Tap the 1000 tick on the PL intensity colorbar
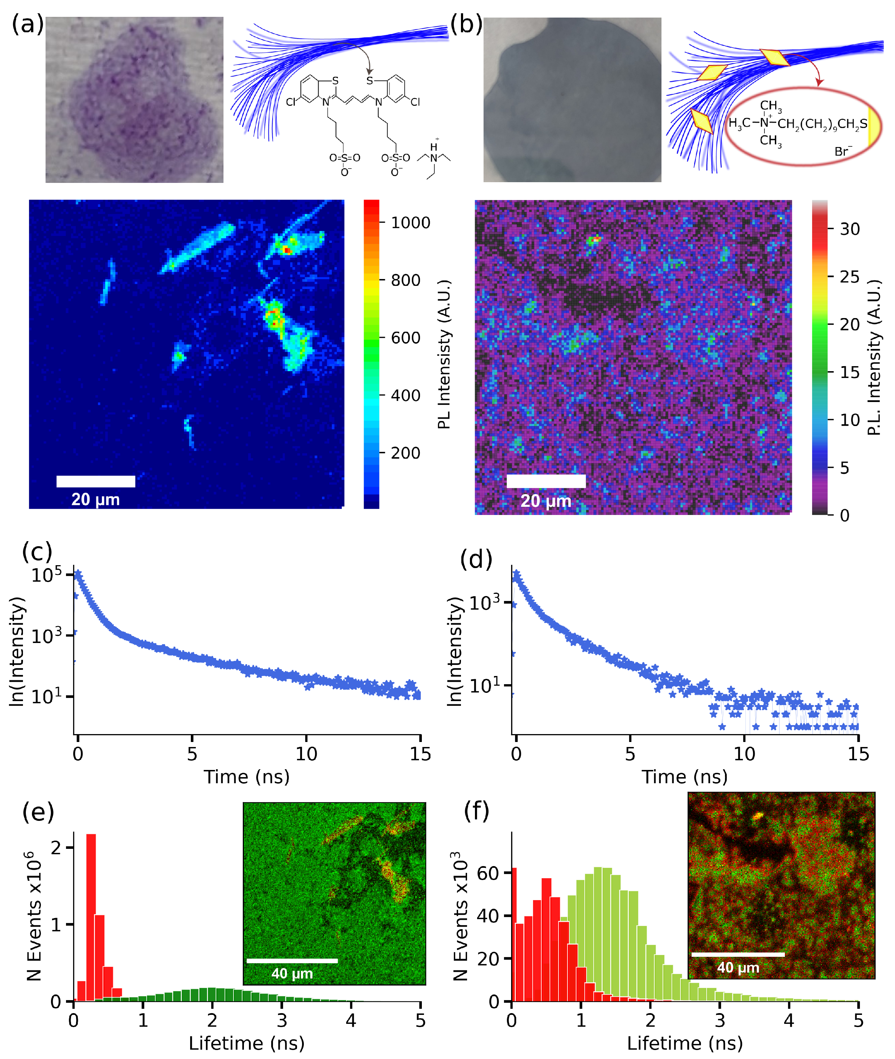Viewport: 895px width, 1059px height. click(x=410, y=223)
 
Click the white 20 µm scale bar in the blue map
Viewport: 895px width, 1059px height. click(x=95, y=481)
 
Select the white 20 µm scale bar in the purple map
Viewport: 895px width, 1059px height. click(x=546, y=481)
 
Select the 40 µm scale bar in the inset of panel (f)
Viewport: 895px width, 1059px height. click(x=738, y=955)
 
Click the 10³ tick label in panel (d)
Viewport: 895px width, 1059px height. click(x=485, y=603)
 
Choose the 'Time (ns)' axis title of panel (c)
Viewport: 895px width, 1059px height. click(x=246, y=776)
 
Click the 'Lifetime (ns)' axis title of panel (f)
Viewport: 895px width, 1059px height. click(x=684, y=1043)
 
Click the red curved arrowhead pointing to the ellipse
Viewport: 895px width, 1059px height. click(x=819, y=82)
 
